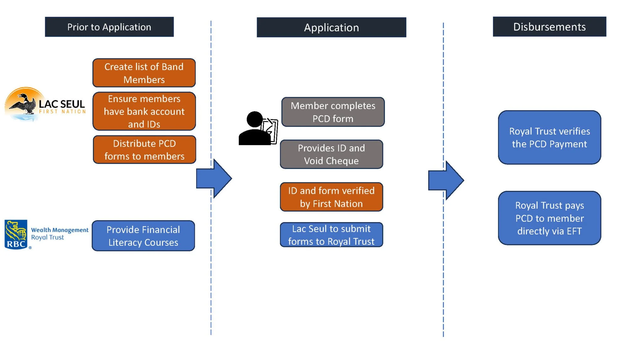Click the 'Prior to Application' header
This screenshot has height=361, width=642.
[x=109, y=27]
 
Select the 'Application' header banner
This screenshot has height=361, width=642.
[x=331, y=28]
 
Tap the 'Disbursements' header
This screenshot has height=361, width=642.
[x=549, y=27]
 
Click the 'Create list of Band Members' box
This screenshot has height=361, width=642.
[x=144, y=73]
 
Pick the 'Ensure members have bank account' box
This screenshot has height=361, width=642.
[x=144, y=111]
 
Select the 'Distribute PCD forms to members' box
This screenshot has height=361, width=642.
[x=145, y=150]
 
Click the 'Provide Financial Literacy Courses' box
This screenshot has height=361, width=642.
[x=143, y=236]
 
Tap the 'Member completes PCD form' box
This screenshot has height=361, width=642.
[x=333, y=112]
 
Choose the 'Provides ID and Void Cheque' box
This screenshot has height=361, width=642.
[x=331, y=154]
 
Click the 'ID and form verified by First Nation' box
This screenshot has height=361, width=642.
[x=331, y=197]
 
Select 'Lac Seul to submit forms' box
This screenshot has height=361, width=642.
[x=331, y=235]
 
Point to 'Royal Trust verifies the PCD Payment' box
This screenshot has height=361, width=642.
[x=549, y=138]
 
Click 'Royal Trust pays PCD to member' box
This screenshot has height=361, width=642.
[x=549, y=218]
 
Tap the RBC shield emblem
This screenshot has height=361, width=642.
[x=16, y=234]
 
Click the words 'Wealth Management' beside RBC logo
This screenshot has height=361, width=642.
[x=60, y=230]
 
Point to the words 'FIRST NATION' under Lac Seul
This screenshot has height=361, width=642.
[x=62, y=112]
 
